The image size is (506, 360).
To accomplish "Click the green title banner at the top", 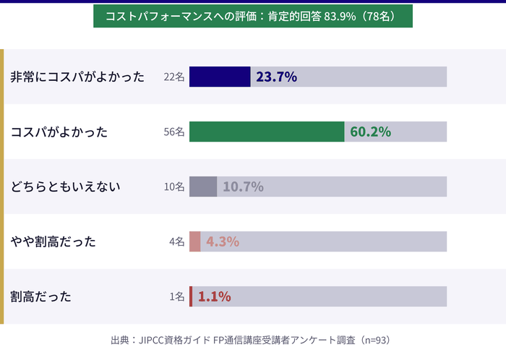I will click(253, 16).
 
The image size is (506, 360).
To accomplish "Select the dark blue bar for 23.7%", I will click(220, 77).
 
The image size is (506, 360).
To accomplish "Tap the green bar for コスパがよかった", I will click(267, 132).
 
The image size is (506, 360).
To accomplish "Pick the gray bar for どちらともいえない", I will click(203, 187).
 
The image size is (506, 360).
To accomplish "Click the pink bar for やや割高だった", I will click(195, 241).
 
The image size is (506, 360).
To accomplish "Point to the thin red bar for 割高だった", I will click(191, 296).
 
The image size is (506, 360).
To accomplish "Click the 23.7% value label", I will click(276, 77).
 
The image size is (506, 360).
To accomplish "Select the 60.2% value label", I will click(370, 132).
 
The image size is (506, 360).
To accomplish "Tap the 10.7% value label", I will click(243, 187).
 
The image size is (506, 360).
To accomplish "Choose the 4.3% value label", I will click(223, 241).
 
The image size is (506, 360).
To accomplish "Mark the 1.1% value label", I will click(214, 296).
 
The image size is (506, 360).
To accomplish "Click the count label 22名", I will click(174, 77).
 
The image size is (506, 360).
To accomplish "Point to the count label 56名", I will click(174, 132).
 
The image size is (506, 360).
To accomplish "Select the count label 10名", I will click(174, 187).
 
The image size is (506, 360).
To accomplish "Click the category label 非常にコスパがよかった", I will click(77, 77).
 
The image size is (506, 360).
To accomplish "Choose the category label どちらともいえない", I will click(65, 187).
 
